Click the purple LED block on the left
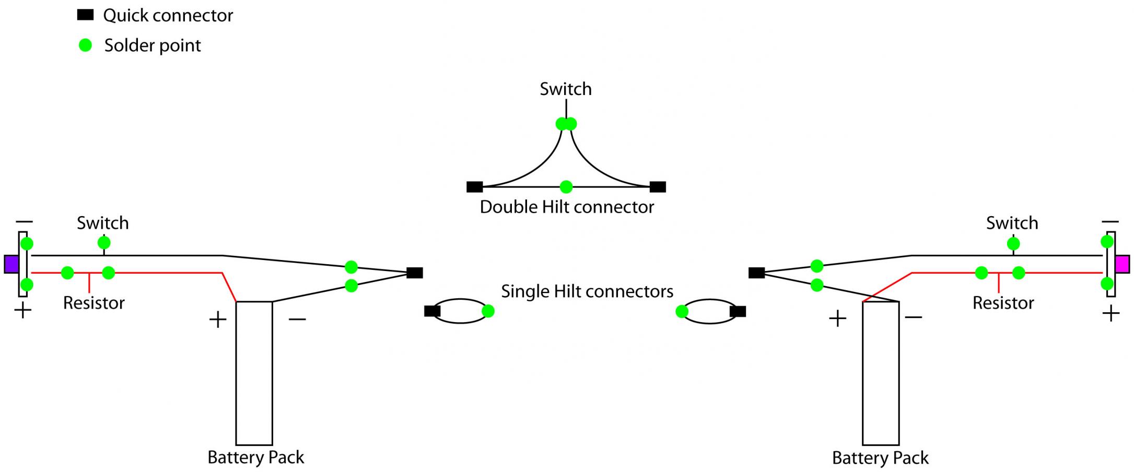(11, 264)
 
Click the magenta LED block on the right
(1122, 264)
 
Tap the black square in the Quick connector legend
(85, 15)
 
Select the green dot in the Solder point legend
(85, 45)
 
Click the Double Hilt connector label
(567, 207)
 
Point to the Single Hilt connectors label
(587, 291)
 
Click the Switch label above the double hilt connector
(566, 89)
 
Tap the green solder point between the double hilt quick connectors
(566, 186)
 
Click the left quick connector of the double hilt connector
(474, 186)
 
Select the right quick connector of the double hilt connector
(658, 186)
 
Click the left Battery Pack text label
(255, 457)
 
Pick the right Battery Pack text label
(880, 458)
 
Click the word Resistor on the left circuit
(94, 303)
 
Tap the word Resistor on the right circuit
(1003, 303)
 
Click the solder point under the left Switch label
(104, 243)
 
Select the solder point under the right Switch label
(1013, 243)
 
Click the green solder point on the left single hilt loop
(488, 311)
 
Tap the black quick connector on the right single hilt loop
(738, 312)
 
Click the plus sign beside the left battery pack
(218, 320)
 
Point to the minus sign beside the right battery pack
(914, 317)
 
